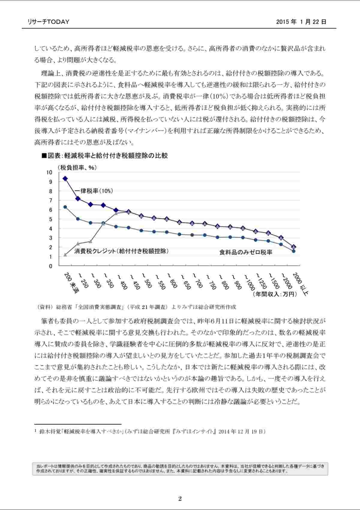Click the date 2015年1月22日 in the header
[x=301, y=22]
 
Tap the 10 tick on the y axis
[x=49, y=172]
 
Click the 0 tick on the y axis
[x=50, y=266]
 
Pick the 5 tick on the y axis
[x=50, y=219]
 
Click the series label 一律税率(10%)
[x=89, y=191]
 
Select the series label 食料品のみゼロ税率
[x=246, y=252]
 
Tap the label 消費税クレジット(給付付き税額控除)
[x=121, y=251]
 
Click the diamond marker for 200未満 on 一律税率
[x=65, y=178]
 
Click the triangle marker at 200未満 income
[x=65, y=255]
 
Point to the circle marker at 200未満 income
[x=65, y=207]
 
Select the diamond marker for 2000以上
[x=294, y=247]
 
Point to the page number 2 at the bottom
[x=180, y=499]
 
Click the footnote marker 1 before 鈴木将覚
[x=36, y=431]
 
